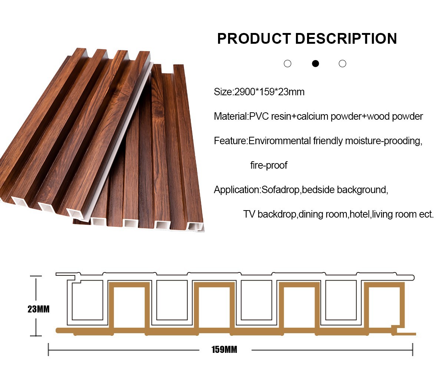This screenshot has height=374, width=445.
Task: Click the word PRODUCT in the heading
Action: [254, 39]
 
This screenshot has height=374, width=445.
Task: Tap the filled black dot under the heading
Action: [316, 63]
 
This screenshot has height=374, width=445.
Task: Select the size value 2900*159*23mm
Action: [269, 92]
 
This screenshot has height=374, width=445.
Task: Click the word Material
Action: [230, 116]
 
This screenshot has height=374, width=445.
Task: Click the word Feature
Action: [230, 141]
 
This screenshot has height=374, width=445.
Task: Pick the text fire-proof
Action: [268, 165]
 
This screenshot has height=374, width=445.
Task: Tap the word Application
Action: [237, 190]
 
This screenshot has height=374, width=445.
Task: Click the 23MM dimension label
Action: [39, 309]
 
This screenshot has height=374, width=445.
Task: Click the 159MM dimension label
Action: [224, 350]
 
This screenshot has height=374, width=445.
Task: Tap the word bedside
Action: [319, 190]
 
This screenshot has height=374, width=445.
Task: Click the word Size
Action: [222, 92]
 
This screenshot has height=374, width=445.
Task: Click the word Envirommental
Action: [280, 141]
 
